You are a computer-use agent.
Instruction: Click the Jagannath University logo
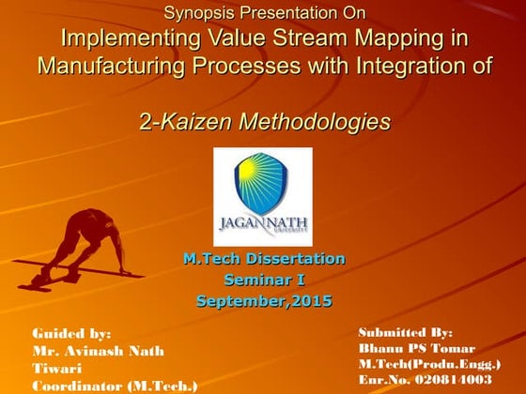coord(263,197)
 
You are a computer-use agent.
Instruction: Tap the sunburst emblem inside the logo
coord(263,184)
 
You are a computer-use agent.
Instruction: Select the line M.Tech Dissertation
coord(264,259)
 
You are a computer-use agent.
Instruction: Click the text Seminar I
coord(264,280)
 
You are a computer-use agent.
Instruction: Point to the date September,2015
coord(264,301)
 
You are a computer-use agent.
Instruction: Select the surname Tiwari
coord(57,369)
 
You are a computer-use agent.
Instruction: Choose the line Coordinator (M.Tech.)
coord(115,386)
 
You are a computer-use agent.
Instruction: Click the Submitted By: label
coord(406,332)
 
